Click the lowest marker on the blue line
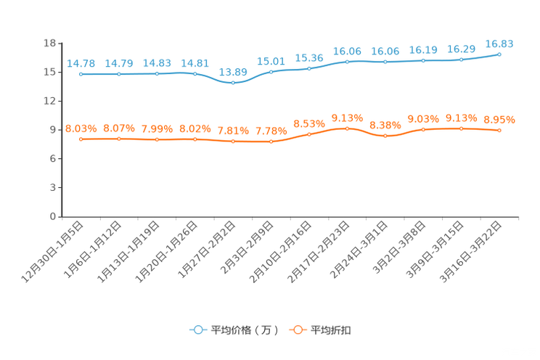(233, 82)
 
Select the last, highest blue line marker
(499, 54)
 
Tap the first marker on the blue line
(81, 73)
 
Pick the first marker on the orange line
(81, 139)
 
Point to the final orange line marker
(499, 130)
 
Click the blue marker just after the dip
(271, 71)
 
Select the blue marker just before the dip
(195, 73)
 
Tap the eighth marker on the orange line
(347, 128)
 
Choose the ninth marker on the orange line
(385, 136)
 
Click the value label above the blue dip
(233, 71)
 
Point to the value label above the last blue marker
(499, 44)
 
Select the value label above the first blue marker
(80, 63)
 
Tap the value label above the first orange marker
(80, 128)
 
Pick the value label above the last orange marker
(499, 120)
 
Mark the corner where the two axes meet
(62, 216)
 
